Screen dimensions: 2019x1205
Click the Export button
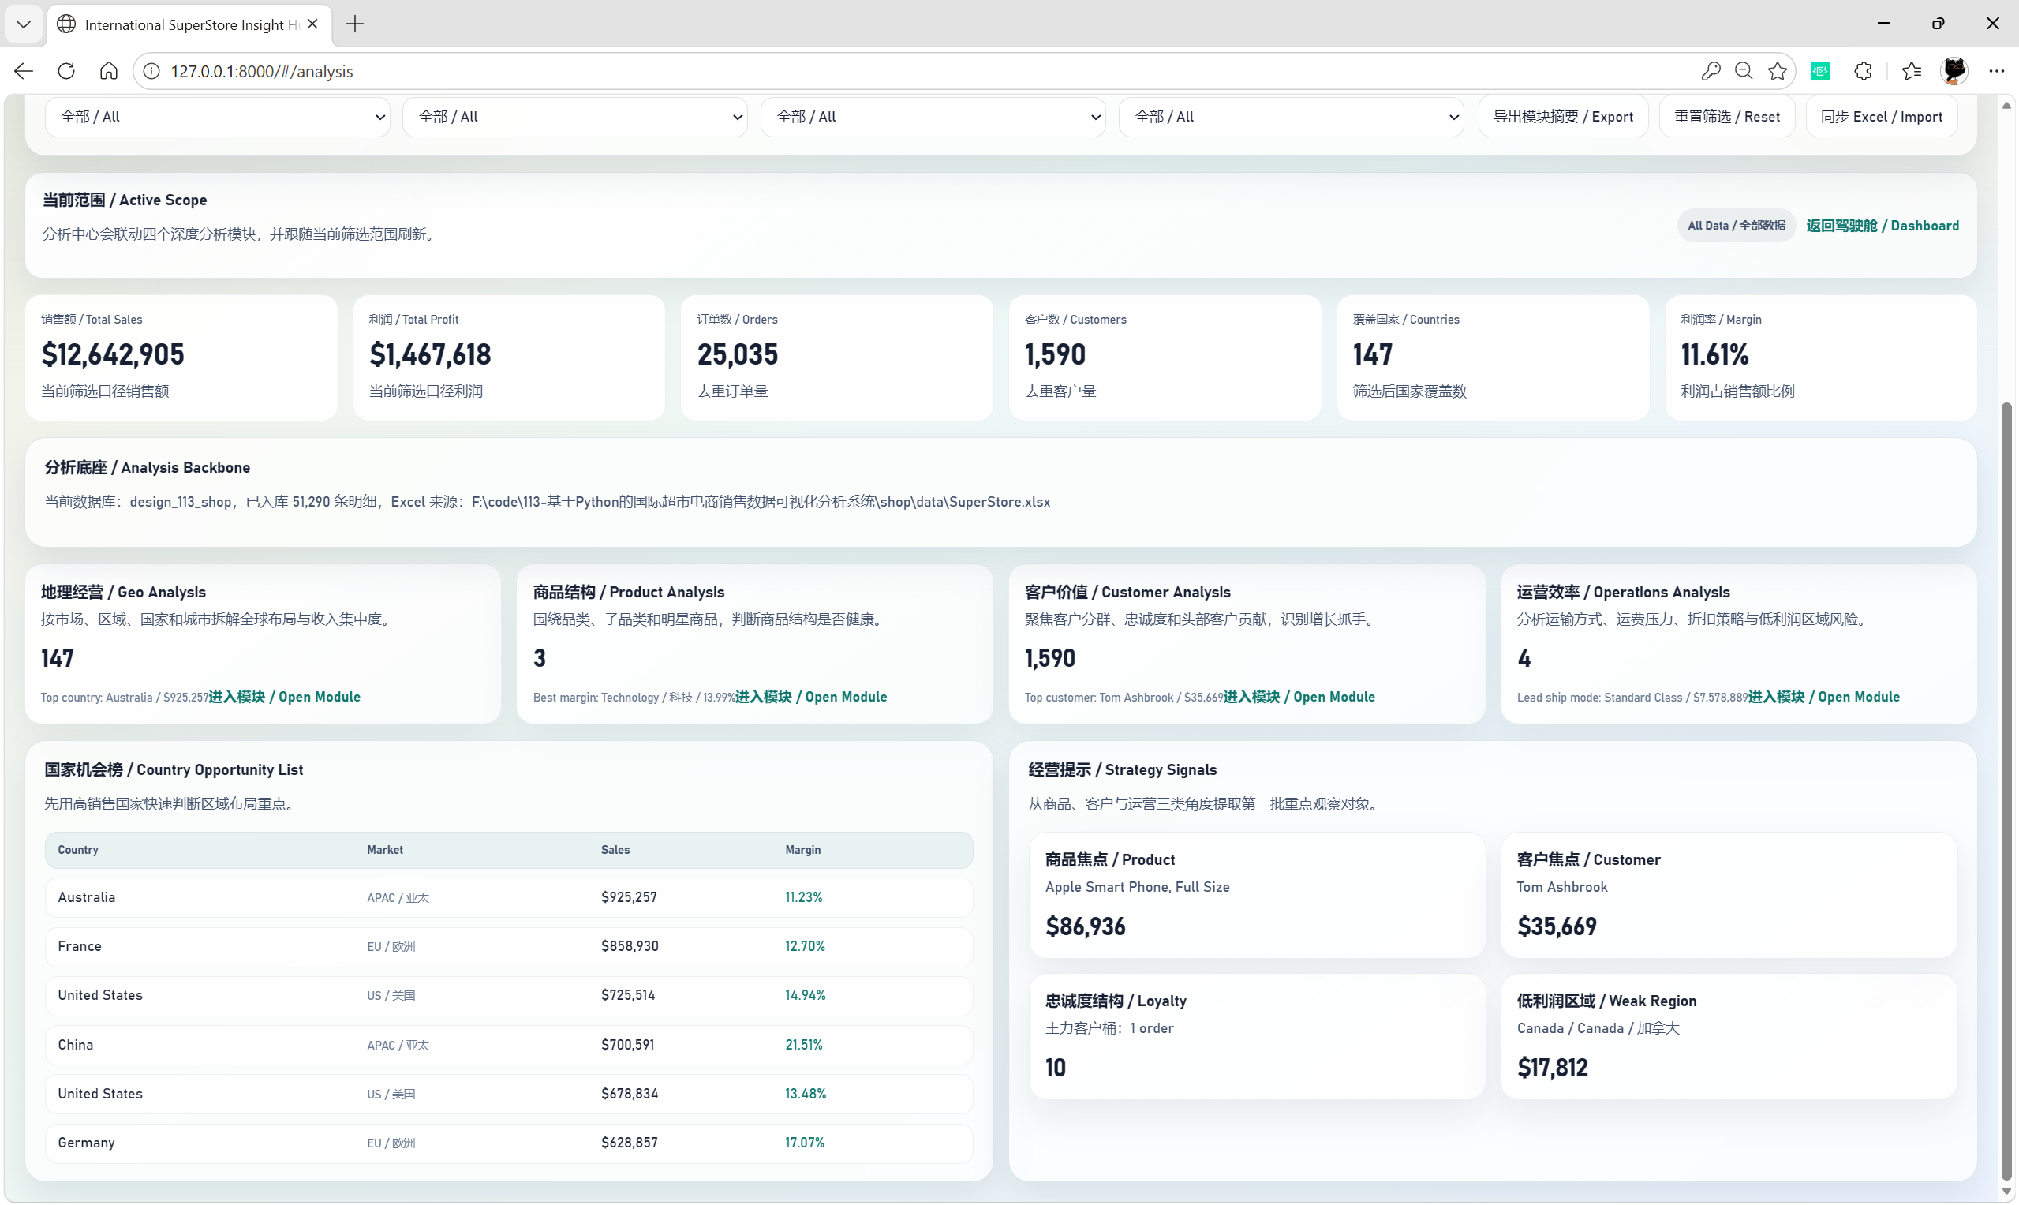click(1563, 117)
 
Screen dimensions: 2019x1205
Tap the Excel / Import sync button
click(1881, 117)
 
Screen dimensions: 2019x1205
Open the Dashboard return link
click(1882, 226)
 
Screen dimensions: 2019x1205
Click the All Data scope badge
click(1737, 226)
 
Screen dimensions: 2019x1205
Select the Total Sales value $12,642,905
click(113, 354)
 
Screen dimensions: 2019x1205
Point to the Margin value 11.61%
click(1714, 354)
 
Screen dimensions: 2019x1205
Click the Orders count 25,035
click(737, 354)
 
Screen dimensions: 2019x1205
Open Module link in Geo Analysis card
click(284, 697)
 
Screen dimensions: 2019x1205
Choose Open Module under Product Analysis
click(811, 697)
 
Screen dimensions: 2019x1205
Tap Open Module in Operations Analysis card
click(1823, 697)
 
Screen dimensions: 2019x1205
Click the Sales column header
click(615, 849)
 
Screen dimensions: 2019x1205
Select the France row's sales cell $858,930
click(630, 946)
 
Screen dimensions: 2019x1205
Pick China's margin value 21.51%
click(804, 1045)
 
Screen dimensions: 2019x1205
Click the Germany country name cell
click(86, 1143)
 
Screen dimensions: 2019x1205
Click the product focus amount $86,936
click(1086, 926)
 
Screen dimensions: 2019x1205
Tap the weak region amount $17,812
click(1552, 1068)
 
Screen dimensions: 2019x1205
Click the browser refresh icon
click(66, 72)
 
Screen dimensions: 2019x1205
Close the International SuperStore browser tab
click(312, 24)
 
